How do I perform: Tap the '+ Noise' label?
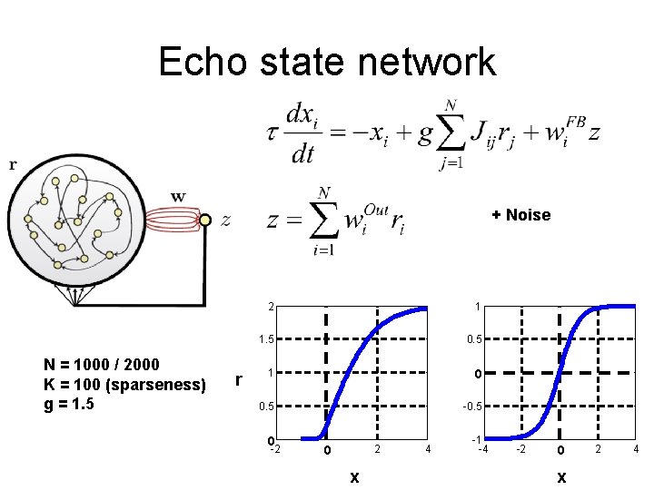click(x=520, y=215)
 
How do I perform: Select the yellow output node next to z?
click(x=205, y=220)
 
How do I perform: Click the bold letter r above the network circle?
click(x=12, y=164)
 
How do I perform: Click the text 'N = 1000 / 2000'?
click(x=102, y=365)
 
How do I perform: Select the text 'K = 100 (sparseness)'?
click(x=125, y=384)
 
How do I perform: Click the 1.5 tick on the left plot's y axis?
click(x=265, y=339)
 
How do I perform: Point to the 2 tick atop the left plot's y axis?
click(x=271, y=307)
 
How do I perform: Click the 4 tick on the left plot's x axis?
click(x=427, y=450)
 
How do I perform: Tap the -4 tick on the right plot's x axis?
click(x=484, y=449)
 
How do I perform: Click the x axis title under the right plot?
click(x=561, y=476)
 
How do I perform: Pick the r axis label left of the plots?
click(x=238, y=378)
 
